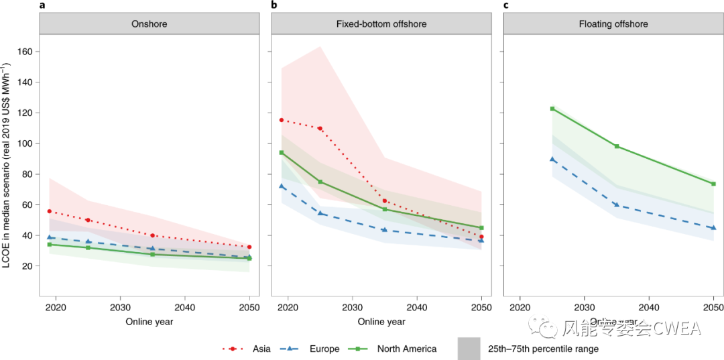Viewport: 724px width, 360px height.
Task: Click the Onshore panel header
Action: point(149,24)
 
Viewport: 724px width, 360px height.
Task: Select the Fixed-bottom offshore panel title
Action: point(381,24)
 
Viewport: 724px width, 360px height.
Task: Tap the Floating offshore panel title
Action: point(613,24)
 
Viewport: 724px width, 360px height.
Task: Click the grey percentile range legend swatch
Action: point(469,349)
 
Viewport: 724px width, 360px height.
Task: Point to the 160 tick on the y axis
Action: point(25,52)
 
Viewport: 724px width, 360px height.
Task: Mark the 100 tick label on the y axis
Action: point(25,143)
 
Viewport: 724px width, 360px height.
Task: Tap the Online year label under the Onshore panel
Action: point(149,322)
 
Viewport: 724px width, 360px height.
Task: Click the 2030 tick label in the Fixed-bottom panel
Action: point(352,307)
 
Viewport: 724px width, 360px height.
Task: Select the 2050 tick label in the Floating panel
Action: point(713,307)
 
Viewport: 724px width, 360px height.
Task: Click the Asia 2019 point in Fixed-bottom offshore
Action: point(282,120)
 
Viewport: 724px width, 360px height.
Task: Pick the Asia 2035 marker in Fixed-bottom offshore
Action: point(384,201)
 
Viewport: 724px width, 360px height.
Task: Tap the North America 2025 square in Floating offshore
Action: point(552,109)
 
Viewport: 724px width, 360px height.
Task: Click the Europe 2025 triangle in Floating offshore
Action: point(552,159)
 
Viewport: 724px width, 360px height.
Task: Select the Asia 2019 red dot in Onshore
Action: point(49,211)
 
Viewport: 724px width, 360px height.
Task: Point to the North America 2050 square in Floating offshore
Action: point(713,184)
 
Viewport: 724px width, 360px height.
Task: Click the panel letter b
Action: point(274,5)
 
